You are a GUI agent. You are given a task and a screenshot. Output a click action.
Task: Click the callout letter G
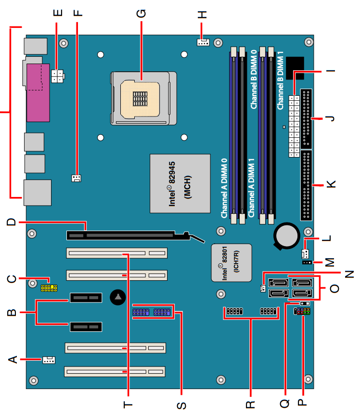141,13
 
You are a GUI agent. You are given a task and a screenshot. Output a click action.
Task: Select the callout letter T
128,405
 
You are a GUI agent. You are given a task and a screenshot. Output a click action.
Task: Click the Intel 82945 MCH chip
180,183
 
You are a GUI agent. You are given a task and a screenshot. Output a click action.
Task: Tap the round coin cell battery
287,235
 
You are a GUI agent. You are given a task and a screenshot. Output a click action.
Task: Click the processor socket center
141,98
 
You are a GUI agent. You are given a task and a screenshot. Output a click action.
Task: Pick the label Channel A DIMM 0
224,188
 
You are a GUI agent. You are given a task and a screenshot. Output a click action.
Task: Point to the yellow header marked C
49,288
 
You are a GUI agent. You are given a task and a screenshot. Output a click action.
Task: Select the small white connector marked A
49,359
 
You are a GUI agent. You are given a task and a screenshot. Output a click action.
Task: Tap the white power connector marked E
58,75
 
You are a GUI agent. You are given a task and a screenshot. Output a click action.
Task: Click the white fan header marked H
203,42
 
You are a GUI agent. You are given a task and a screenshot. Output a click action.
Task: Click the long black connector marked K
306,185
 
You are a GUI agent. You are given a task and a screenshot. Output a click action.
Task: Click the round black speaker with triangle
118,298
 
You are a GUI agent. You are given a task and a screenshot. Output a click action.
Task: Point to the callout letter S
181,405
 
